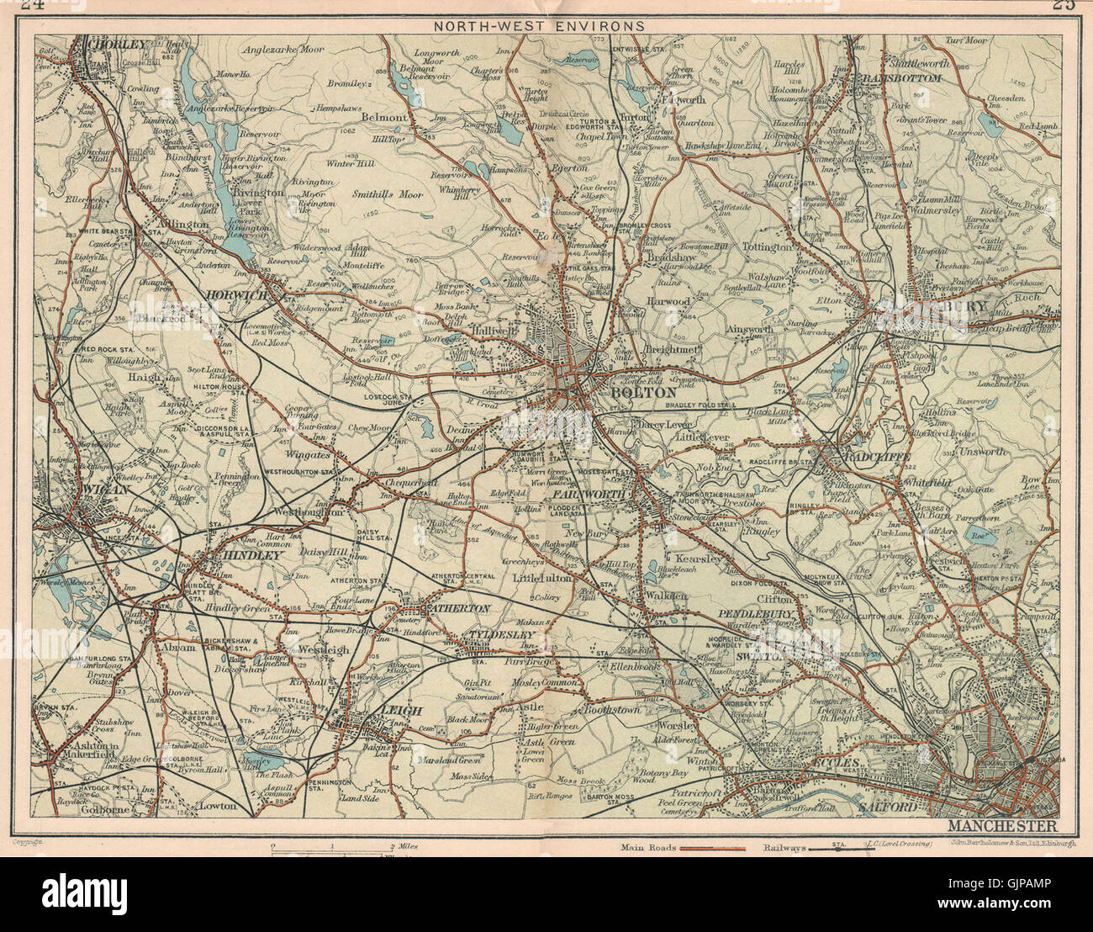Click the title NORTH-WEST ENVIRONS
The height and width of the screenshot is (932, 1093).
pyautogui.click(x=538, y=25)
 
